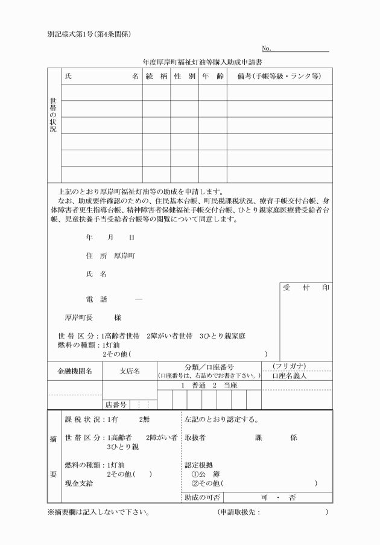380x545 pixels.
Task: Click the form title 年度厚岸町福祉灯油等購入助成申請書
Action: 202,62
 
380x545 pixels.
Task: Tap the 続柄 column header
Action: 156,77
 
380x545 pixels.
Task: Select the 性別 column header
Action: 184,77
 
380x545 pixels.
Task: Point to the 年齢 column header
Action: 212,77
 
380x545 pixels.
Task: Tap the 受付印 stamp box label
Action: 306,288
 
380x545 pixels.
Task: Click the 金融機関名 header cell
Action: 75,371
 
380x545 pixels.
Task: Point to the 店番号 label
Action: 116,404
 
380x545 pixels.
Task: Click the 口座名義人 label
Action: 290,375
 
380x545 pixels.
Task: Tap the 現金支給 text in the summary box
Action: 78,484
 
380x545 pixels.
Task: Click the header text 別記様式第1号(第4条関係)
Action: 89,33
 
